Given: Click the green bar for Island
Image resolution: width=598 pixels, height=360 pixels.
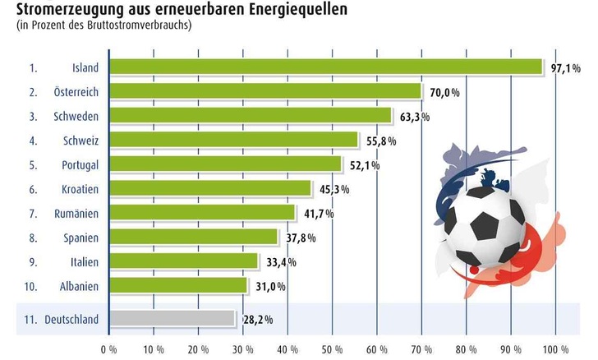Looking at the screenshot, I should pos(325,67).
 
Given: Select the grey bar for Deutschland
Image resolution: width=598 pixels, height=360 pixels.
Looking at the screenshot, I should pos(171,318).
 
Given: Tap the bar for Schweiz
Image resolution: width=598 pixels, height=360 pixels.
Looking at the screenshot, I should pos(233,140).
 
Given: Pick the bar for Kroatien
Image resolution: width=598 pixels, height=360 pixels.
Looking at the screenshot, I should pos(209,188).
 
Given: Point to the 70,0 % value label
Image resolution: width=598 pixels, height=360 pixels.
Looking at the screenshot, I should pos(442,92).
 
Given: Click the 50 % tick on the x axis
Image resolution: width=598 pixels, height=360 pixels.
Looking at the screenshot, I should pos(332,348).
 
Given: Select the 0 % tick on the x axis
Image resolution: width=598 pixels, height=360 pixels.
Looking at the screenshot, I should pos(108,348).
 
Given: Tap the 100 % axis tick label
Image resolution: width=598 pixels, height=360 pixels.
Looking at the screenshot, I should pos(555,348).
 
